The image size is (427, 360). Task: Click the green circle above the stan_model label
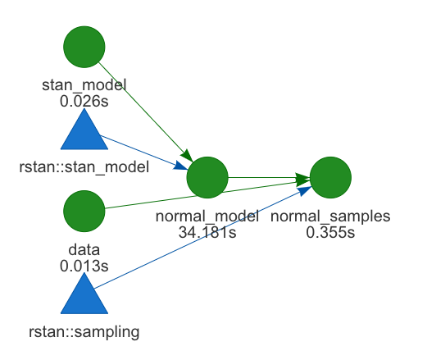pos(84,48)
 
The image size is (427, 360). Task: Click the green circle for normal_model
pos(207,177)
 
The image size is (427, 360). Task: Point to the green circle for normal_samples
pos(330,177)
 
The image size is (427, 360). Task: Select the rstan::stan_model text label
pos(84,168)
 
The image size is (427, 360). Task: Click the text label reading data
pos(84,248)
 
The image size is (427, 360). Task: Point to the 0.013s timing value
pos(84,264)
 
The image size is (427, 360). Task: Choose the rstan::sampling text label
pos(84,332)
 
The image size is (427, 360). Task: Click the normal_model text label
pos(207,216)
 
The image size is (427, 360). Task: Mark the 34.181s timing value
pos(207,231)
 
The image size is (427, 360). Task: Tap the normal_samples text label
pos(330,216)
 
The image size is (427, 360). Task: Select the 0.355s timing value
pos(330,231)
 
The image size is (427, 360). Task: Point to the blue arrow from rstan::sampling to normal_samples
pos(205,237)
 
